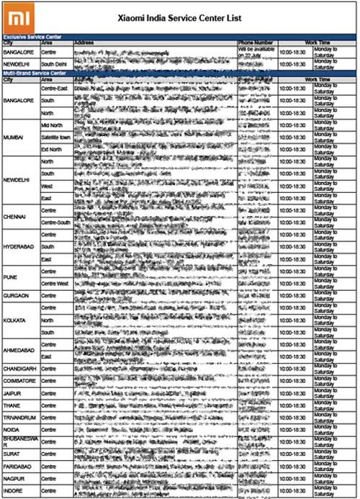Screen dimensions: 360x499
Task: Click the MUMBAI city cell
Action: click(x=14, y=137)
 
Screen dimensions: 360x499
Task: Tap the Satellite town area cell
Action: click(x=56, y=137)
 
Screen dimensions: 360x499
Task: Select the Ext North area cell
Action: click(x=52, y=149)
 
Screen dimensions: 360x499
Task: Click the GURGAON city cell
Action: click(x=17, y=295)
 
